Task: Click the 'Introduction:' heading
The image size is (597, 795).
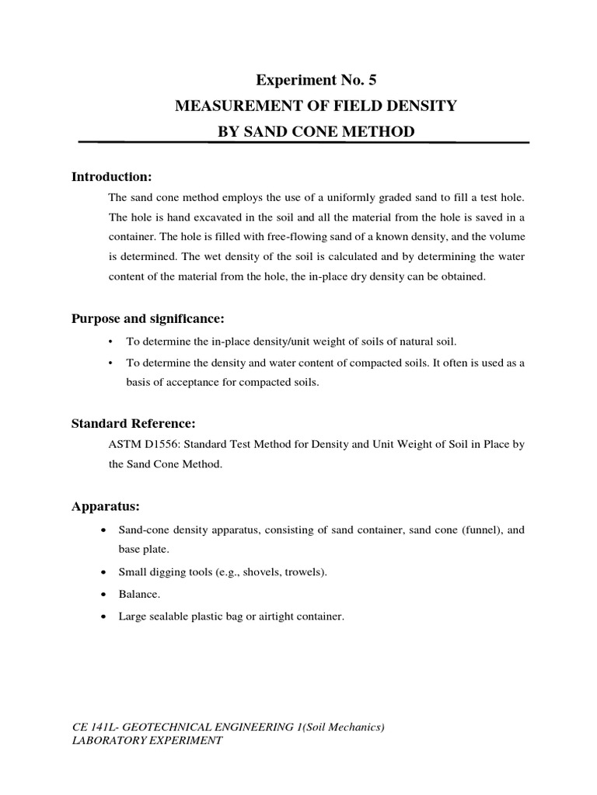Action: [112, 177]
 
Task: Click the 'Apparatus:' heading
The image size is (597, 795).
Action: [106, 506]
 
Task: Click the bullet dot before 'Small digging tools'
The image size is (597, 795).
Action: [104, 573]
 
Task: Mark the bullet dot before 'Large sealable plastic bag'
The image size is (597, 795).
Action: [104, 618]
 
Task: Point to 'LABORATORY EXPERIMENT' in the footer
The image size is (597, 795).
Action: [147, 741]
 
